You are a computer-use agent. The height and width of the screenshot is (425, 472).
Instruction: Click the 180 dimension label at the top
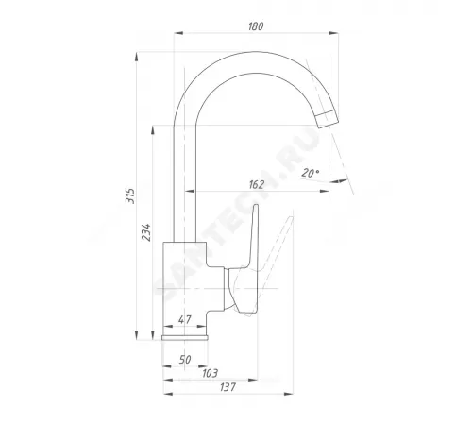click(x=256, y=26)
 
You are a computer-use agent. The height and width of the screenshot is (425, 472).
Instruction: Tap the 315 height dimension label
click(x=130, y=195)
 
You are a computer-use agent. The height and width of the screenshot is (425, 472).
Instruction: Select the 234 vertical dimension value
click(x=146, y=232)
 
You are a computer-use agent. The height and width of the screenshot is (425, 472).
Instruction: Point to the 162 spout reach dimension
click(x=257, y=184)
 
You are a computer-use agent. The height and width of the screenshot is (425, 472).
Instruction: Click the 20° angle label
click(x=311, y=173)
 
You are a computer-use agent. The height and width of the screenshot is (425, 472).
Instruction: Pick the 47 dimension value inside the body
click(x=184, y=320)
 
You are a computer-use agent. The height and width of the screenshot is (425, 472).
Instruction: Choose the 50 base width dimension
click(x=185, y=360)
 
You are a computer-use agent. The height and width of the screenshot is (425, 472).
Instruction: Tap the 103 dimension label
click(x=210, y=373)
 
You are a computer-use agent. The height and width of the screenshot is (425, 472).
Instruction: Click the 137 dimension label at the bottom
click(x=228, y=387)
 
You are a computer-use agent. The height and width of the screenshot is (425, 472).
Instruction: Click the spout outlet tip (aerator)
click(x=328, y=119)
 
